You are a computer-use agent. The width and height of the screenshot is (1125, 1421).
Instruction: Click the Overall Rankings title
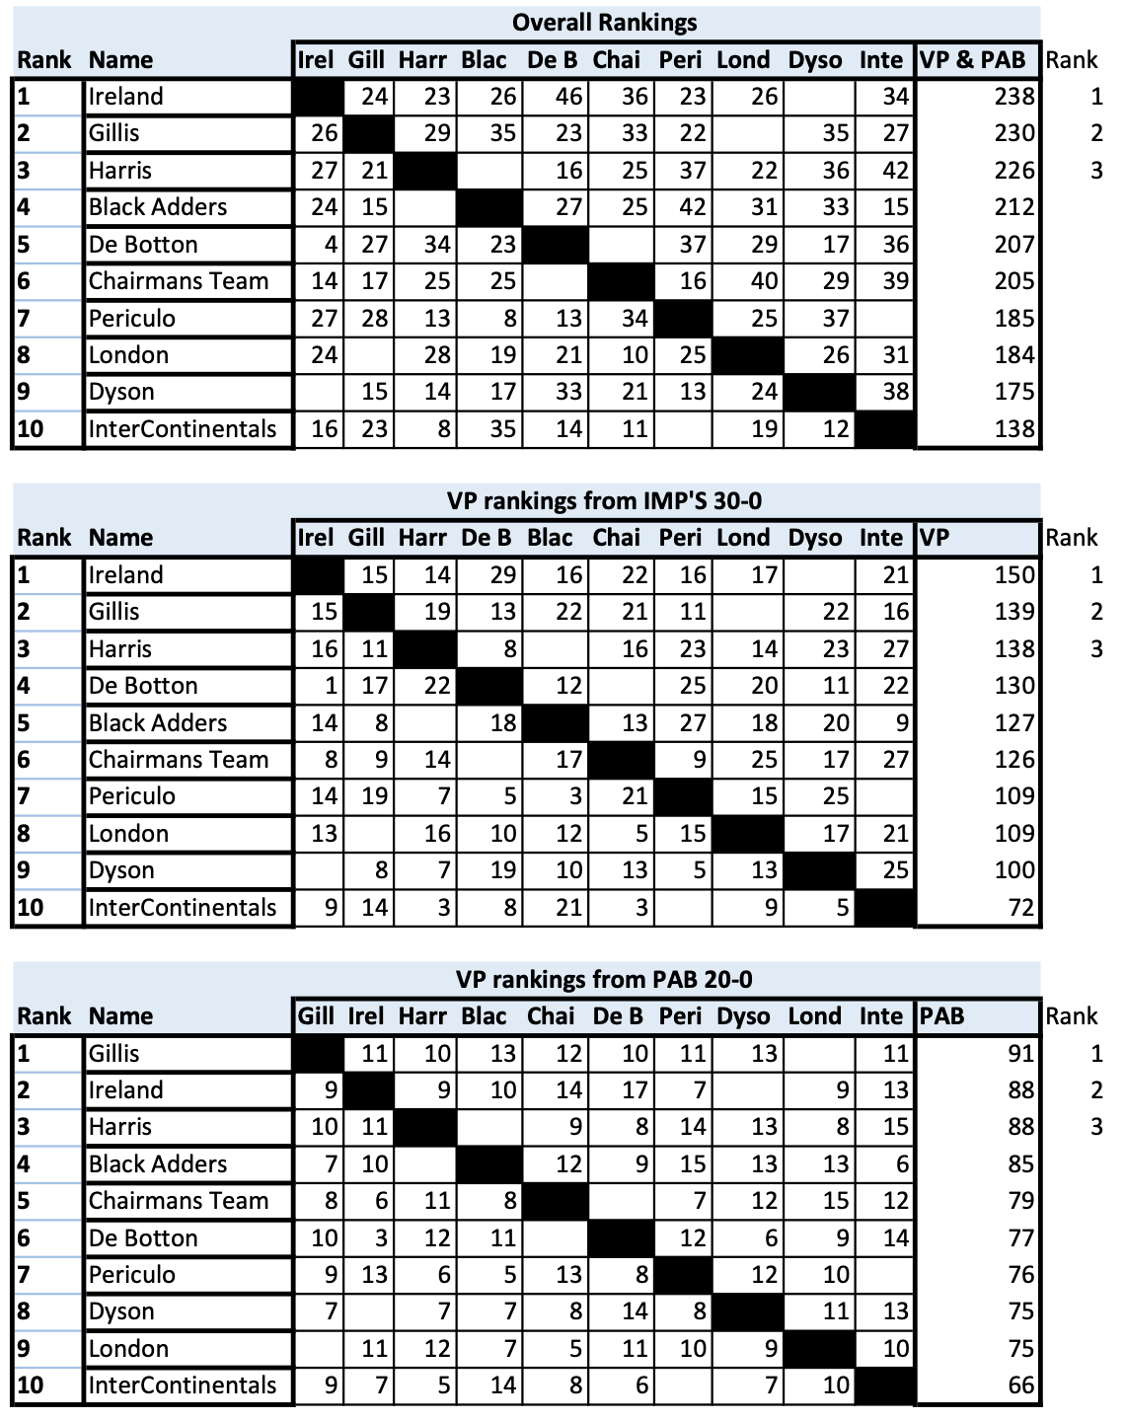[604, 23]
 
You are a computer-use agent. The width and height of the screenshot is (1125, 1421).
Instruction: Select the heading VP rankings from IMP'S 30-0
[604, 501]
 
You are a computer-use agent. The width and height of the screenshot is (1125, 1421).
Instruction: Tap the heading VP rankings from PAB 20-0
[604, 979]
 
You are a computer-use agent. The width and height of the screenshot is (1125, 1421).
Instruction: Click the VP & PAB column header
[972, 60]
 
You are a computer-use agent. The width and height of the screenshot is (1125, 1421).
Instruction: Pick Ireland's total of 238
[1014, 97]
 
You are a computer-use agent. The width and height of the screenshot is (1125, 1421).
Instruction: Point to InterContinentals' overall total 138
[1014, 429]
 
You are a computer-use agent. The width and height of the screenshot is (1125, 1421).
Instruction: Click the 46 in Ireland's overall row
[568, 97]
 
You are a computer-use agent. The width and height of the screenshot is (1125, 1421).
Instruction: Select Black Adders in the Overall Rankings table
[158, 207]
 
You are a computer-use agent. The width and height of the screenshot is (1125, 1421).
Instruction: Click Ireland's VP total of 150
[1014, 575]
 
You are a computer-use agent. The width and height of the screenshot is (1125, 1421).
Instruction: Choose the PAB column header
[941, 1016]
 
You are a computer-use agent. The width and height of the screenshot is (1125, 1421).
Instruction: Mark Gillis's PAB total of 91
[1020, 1054]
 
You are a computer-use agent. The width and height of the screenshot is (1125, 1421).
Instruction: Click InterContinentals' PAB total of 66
[1020, 1385]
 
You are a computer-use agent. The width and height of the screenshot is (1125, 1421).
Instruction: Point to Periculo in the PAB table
[132, 1275]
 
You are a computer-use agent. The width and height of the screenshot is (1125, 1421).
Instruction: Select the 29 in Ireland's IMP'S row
[502, 575]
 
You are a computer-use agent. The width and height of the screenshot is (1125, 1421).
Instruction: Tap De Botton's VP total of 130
[1014, 686]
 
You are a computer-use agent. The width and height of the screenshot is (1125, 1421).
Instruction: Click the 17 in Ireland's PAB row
[634, 1090]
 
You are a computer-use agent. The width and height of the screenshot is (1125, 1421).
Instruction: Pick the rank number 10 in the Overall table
[31, 429]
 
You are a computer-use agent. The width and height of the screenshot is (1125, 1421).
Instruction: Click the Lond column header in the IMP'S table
[743, 538]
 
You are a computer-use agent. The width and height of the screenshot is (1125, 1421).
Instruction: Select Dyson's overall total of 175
[1014, 392]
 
